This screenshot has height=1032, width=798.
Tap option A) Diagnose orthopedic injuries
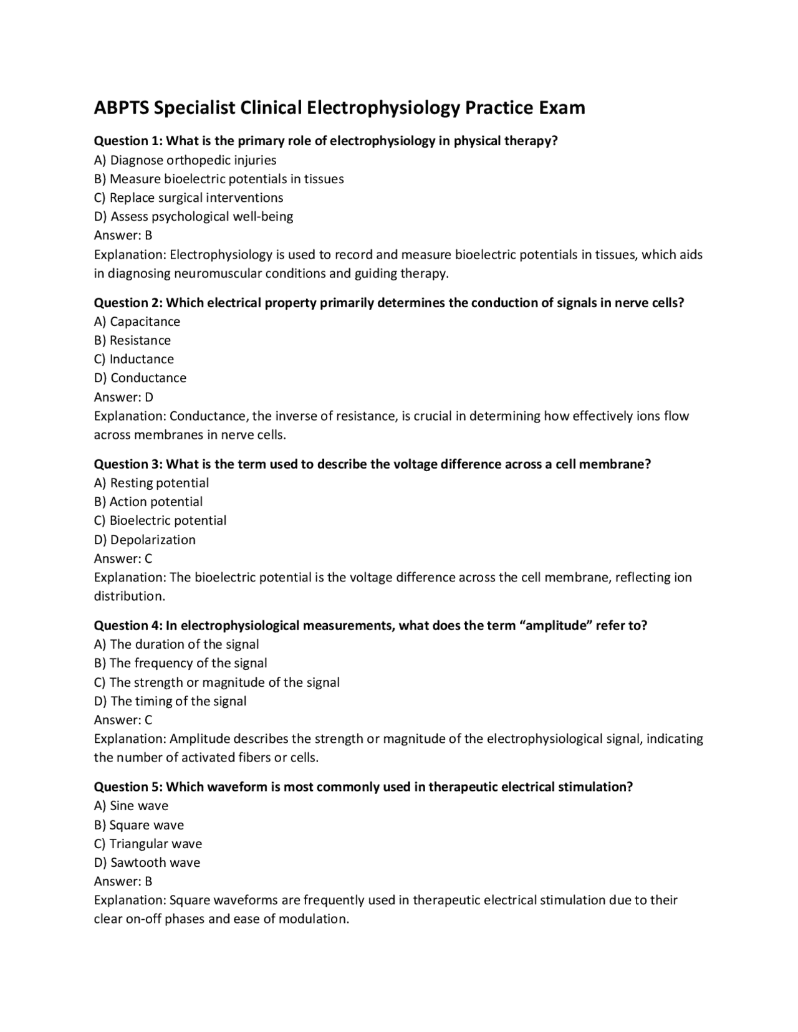pyautogui.click(x=185, y=160)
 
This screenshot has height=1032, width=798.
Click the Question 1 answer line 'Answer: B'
pyautogui.click(x=123, y=236)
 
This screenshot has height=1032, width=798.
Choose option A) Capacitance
pyautogui.click(x=137, y=322)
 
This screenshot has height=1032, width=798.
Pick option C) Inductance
pyautogui.click(x=134, y=359)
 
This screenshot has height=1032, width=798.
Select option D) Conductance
pyautogui.click(x=140, y=378)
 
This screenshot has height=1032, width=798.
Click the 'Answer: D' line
pyautogui.click(x=123, y=397)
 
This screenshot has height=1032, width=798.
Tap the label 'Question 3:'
pyautogui.click(x=128, y=464)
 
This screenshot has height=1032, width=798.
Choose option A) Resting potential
pyautogui.click(x=151, y=483)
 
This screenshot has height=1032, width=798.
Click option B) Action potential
pyautogui.click(x=148, y=502)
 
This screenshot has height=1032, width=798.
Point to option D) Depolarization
pyautogui.click(x=145, y=540)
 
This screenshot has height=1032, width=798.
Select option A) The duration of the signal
pyautogui.click(x=176, y=644)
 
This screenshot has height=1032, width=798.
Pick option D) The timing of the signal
pyautogui.click(x=170, y=701)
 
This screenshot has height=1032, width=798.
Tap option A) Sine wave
pyautogui.click(x=132, y=806)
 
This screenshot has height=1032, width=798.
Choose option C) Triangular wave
pyautogui.click(x=148, y=844)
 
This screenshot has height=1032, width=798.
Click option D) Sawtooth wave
pyautogui.click(x=147, y=862)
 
